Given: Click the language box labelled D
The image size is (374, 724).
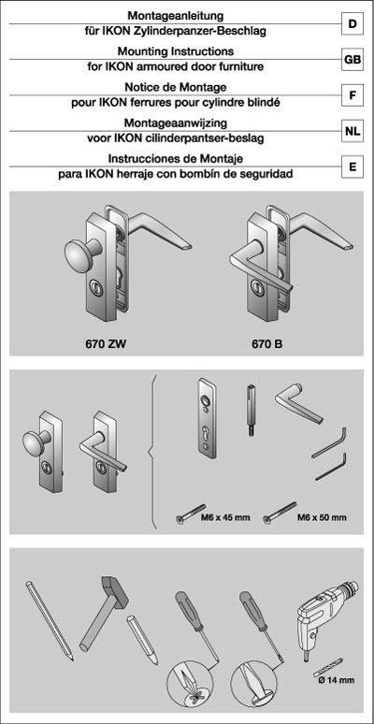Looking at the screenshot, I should [x=352, y=20].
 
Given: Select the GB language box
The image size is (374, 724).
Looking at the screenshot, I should [x=352, y=58].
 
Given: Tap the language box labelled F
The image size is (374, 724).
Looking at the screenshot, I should [x=352, y=94].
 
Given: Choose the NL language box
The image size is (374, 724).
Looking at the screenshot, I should [x=352, y=132].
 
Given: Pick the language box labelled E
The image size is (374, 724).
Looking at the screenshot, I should [x=352, y=169].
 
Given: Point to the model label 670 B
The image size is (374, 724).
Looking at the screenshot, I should [x=266, y=343].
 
